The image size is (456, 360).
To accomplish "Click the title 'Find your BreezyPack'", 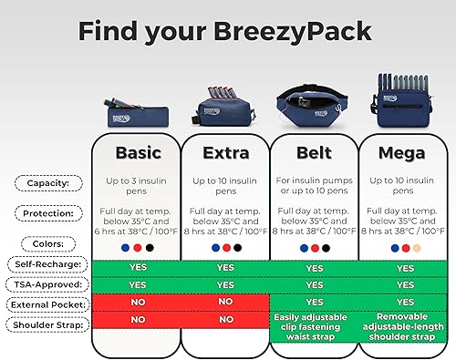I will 224,31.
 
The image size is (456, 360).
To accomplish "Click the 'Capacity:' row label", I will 48,183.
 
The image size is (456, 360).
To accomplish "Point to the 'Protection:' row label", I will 48,212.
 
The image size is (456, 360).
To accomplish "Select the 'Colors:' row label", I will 48,243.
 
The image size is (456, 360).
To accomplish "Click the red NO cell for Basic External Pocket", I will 139,302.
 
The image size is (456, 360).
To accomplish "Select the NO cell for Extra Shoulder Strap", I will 225,320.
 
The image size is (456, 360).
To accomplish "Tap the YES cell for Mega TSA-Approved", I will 404,284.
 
